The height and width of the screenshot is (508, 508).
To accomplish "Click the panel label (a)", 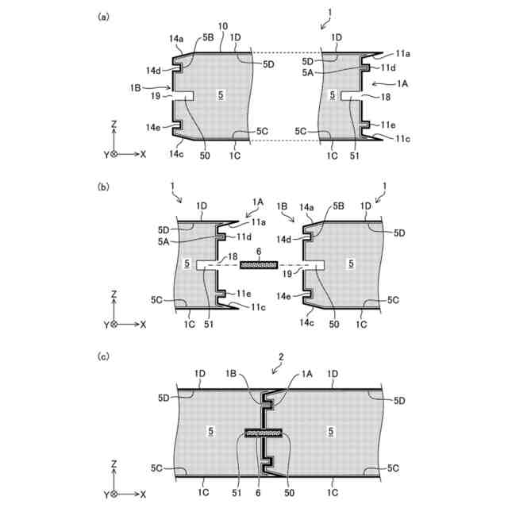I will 103,16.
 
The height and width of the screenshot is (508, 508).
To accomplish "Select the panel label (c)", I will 103,356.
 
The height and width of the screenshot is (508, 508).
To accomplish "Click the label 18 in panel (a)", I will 386,96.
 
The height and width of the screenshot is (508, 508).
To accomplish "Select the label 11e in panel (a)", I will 387,125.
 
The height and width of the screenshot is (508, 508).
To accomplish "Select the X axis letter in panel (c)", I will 144,493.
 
